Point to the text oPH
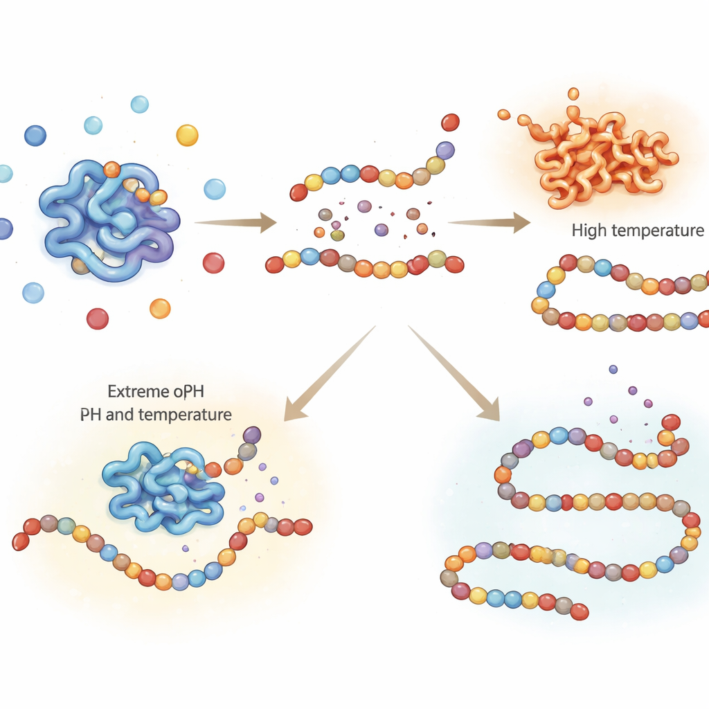tap(188, 393)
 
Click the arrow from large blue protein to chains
tap(235, 222)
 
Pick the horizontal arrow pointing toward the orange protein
tap(489, 222)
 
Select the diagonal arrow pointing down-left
tap(325, 377)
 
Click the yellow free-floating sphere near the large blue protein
tap(187, 135)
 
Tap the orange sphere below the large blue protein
tap(160, 308)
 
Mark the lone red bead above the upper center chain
tap(450, 123)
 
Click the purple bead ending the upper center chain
tap(445, 150)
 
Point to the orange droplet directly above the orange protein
tap(573, 93)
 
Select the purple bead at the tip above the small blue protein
tap(251, 435)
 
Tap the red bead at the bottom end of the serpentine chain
tap(580, 611)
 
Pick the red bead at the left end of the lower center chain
tap(275, 264)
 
